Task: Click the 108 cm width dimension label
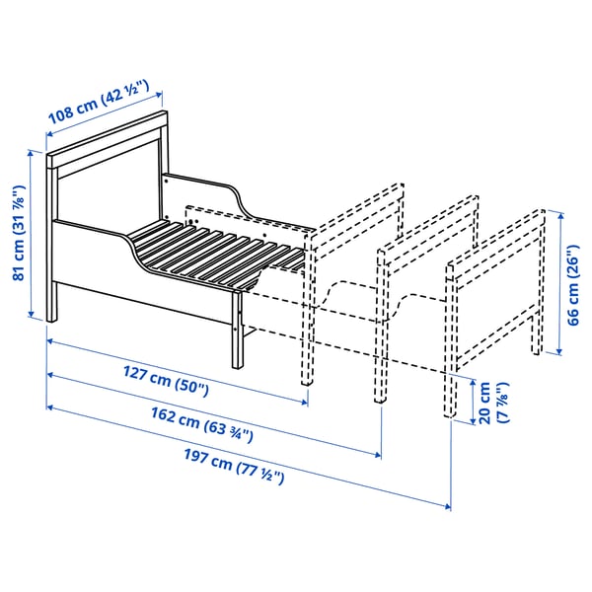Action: pyautogui.click(x=98, y=100)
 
